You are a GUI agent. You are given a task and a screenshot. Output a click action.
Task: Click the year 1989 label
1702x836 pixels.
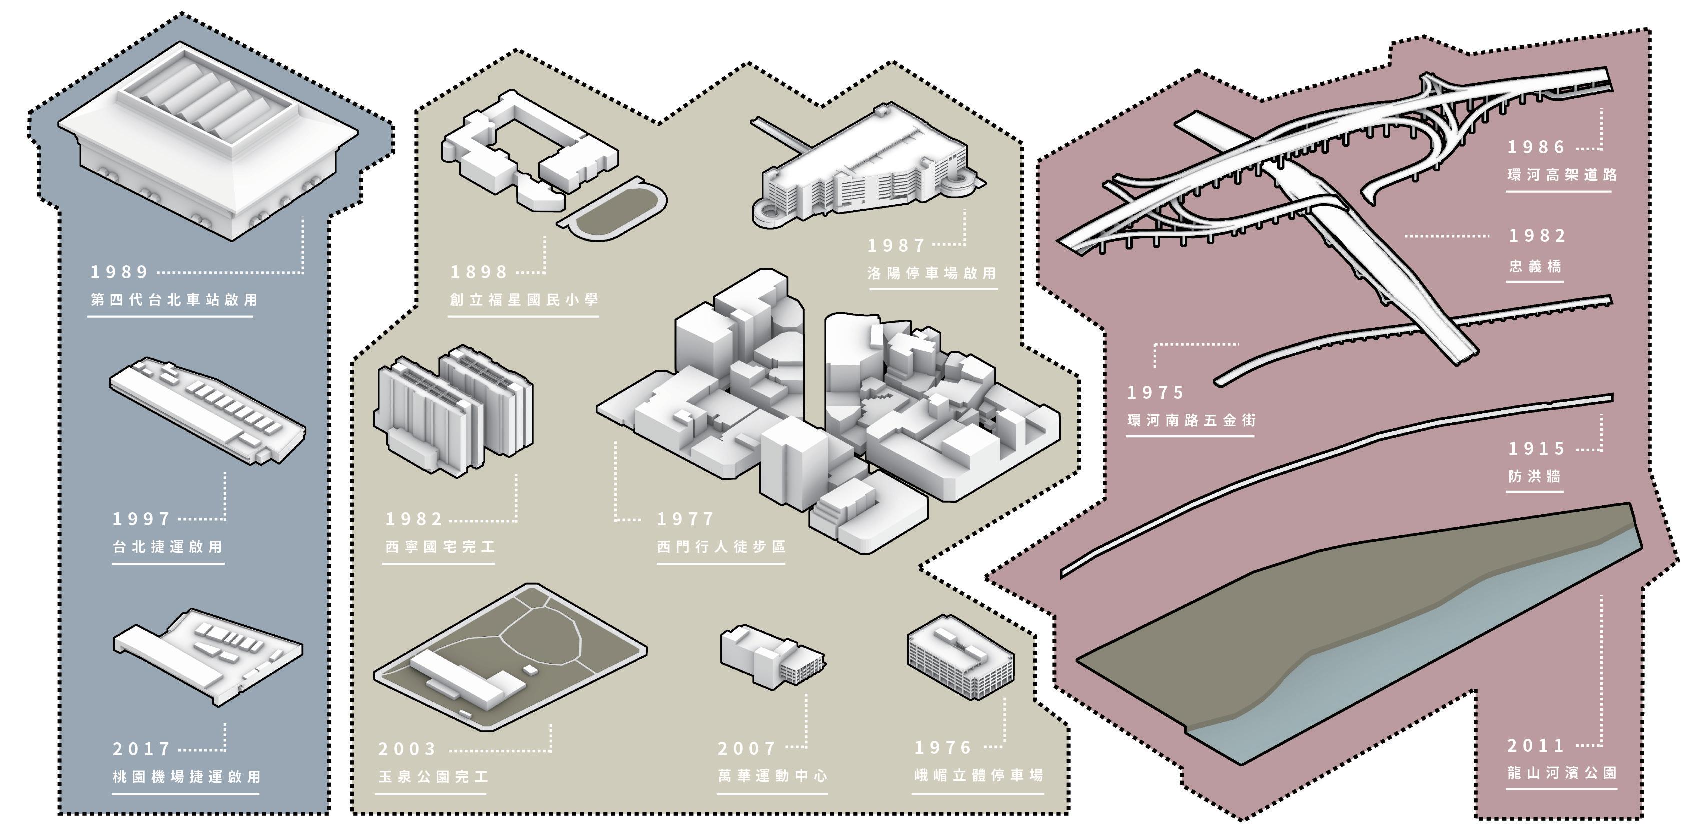120,272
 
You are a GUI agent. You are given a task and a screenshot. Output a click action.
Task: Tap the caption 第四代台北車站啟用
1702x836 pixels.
174,300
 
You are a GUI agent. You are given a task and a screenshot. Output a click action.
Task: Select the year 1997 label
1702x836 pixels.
142,519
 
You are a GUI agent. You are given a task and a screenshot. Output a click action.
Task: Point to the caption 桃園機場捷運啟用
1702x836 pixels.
187,777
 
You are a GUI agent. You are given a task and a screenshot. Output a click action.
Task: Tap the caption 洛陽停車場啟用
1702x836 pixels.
932,273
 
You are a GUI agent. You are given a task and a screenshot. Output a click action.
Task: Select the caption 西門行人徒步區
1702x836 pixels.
721,547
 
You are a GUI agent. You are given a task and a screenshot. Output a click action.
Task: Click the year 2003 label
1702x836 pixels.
407,749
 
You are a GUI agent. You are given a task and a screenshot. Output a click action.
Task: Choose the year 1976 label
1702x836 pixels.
943,748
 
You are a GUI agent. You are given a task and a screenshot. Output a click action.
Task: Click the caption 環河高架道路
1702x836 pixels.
1562,175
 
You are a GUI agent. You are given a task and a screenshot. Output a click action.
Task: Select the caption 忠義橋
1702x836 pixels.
1535,266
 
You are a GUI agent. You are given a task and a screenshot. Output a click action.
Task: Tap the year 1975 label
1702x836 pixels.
1155,393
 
